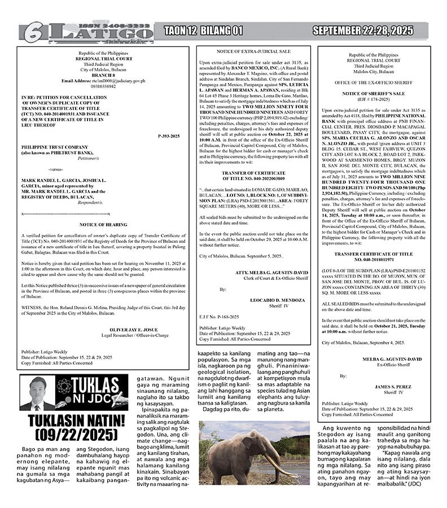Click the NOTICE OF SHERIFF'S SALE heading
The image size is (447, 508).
pyautogui.click(x=371, y=93)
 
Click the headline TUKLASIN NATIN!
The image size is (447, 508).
pyautogui.click(x=73, y=421)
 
